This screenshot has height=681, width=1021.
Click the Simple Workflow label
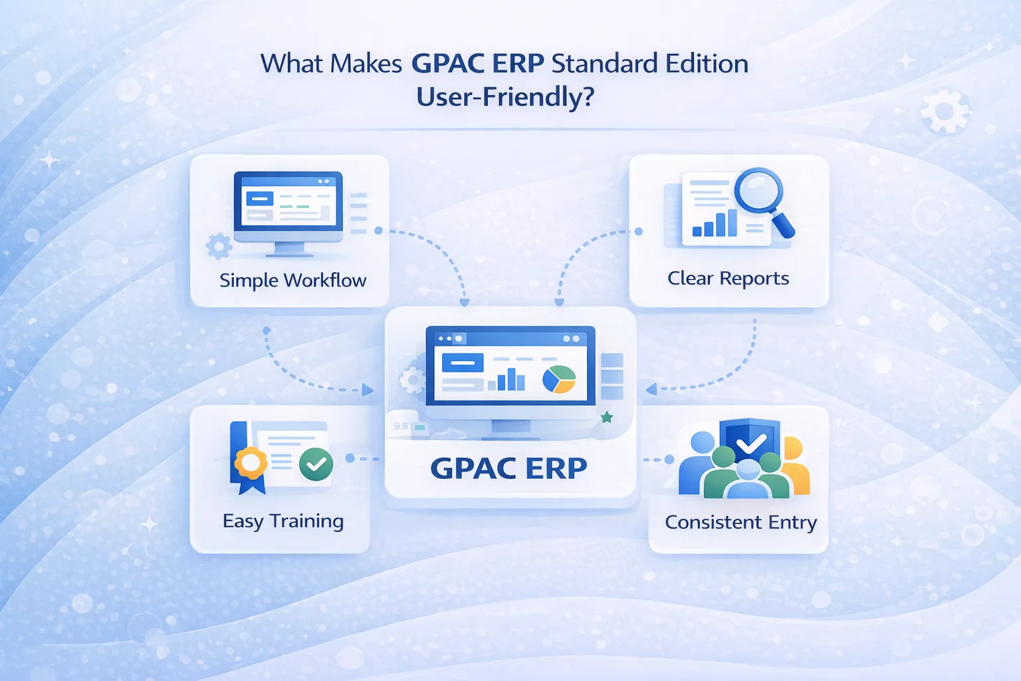point(292,280)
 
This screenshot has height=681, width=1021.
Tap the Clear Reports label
point(728,278)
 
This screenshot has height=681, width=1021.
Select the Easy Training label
point(283,521)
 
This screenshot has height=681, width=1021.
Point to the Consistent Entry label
point(740,522)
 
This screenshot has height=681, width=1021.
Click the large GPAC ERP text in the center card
point(509,468)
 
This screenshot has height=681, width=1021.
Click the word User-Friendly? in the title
point(505,96)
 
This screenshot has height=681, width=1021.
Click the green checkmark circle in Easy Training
point(316,464)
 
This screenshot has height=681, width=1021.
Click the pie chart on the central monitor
point(559,379)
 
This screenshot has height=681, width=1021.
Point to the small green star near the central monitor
point(607,417)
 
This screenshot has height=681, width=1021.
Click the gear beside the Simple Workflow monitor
point(219,246)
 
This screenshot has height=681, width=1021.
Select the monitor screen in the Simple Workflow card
point(288,201)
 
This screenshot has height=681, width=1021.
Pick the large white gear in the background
point(945,111)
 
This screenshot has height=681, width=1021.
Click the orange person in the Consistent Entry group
point(796,466)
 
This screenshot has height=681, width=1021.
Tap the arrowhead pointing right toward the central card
point(368,390)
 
